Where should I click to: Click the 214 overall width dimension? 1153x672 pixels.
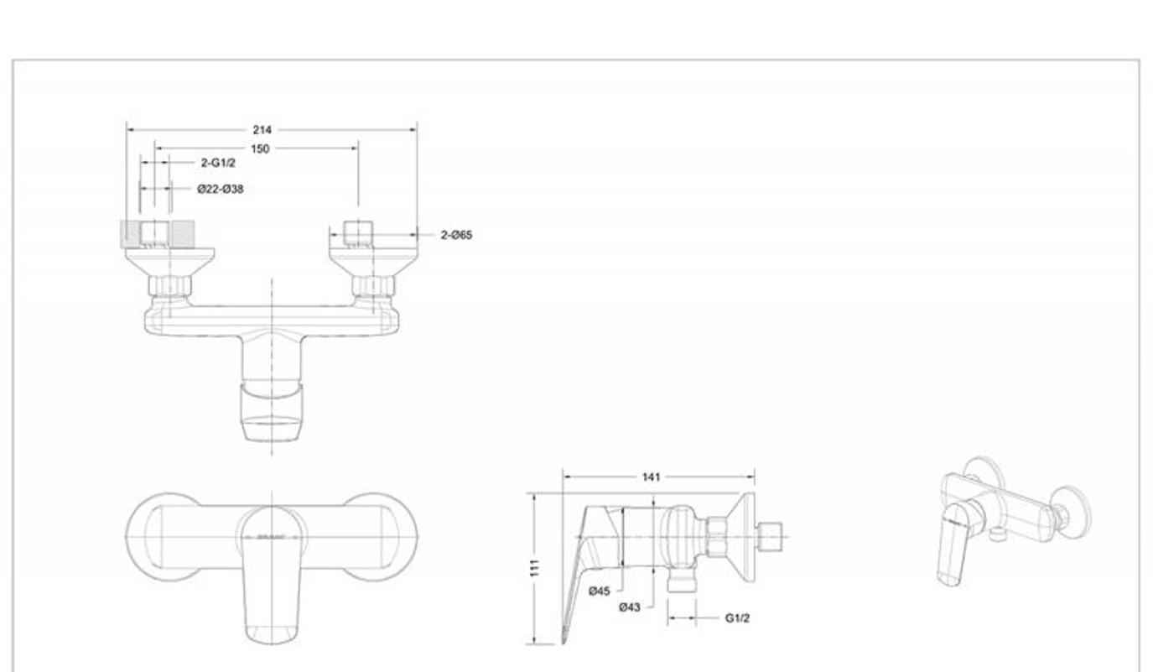262,130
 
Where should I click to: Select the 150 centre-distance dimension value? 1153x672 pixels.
260,148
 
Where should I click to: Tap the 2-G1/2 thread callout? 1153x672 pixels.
218,163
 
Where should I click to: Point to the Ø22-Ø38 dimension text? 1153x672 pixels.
221,189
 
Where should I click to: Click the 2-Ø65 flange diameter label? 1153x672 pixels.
456,235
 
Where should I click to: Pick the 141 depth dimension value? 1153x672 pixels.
652,477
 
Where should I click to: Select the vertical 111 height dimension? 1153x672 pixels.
535,567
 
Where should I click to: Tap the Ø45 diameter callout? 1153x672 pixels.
600,591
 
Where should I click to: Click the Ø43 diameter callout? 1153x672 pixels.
630,607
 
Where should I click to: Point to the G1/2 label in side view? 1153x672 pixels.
738,618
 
